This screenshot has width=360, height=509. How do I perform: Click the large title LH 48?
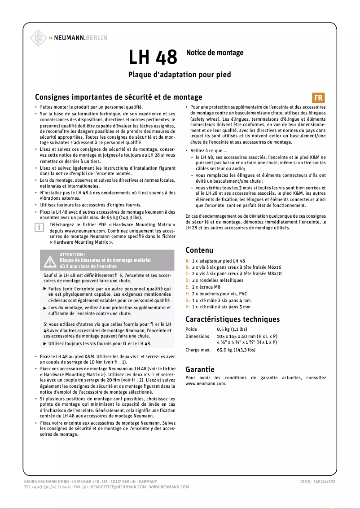(153, 57)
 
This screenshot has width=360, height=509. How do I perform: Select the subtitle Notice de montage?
(215, 53)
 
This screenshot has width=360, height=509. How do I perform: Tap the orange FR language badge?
(318, 97)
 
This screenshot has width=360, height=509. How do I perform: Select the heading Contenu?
(199, 250)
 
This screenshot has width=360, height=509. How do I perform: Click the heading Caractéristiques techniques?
(232, 319)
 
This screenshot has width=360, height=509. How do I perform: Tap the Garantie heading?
(200, 369)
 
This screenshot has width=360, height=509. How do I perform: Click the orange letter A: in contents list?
(188, 261)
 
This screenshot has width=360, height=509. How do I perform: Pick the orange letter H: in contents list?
(188, 307)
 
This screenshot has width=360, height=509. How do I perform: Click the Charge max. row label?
(198, 349)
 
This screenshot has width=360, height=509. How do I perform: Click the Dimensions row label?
(197, 336)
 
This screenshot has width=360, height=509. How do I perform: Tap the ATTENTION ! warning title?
(72, 254)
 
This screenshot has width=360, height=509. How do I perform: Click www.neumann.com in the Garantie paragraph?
(206, 384)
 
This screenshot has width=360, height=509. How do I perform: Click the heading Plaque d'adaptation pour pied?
(180, 75)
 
